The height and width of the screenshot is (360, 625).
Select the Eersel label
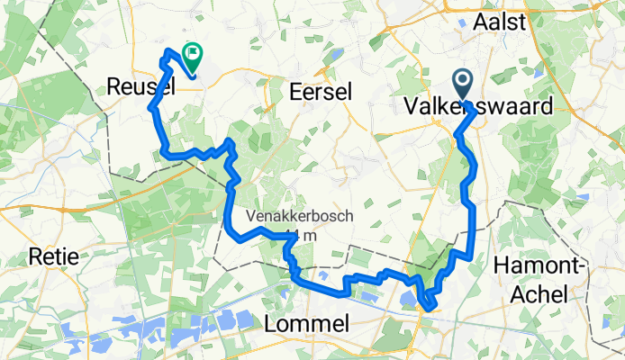(322, 92)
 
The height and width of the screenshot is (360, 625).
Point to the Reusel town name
(139, 86)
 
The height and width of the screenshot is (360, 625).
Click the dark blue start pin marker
(464, 85)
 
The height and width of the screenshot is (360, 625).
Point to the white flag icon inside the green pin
(192, 54)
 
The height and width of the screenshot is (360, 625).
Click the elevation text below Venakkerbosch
(293, 236)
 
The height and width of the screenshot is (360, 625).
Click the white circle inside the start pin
(464, 82)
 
